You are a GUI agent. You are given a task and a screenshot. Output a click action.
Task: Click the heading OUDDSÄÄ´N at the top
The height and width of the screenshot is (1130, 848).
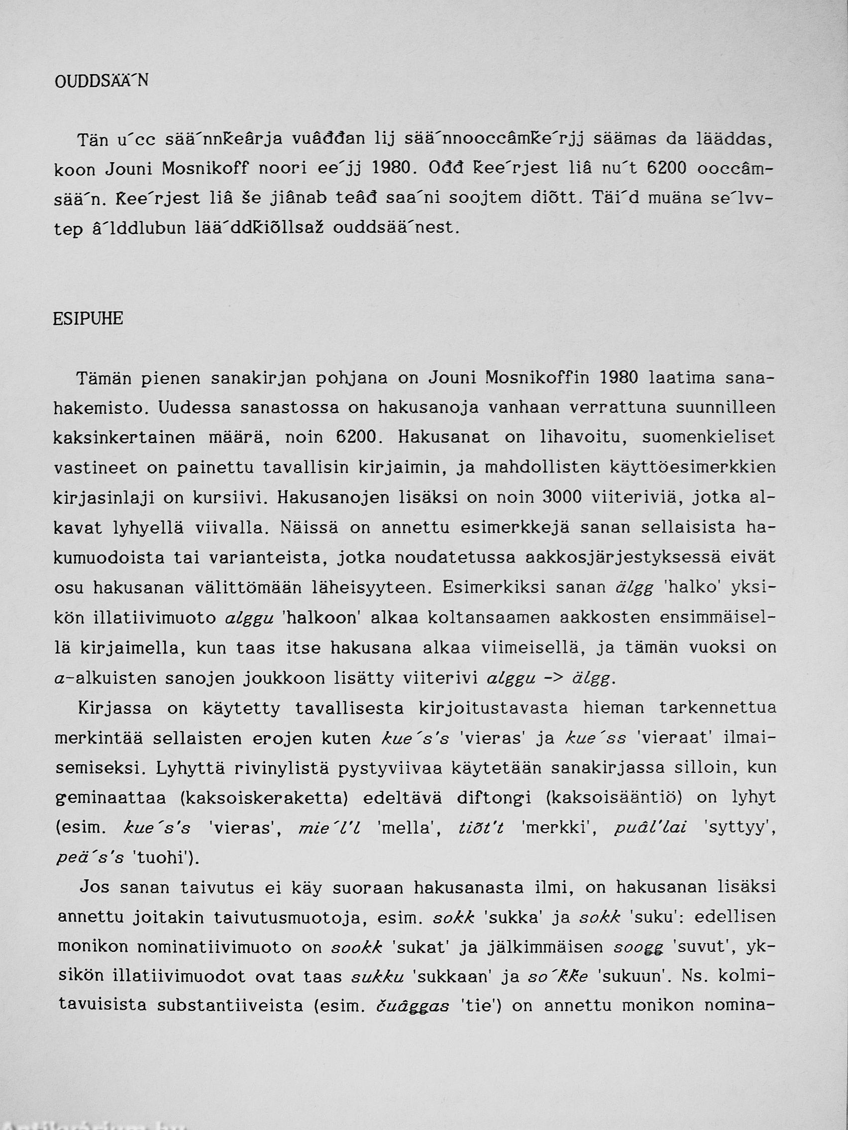(101, 81)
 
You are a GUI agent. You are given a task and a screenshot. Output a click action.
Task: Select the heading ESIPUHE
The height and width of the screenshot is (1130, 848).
(88, 319)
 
